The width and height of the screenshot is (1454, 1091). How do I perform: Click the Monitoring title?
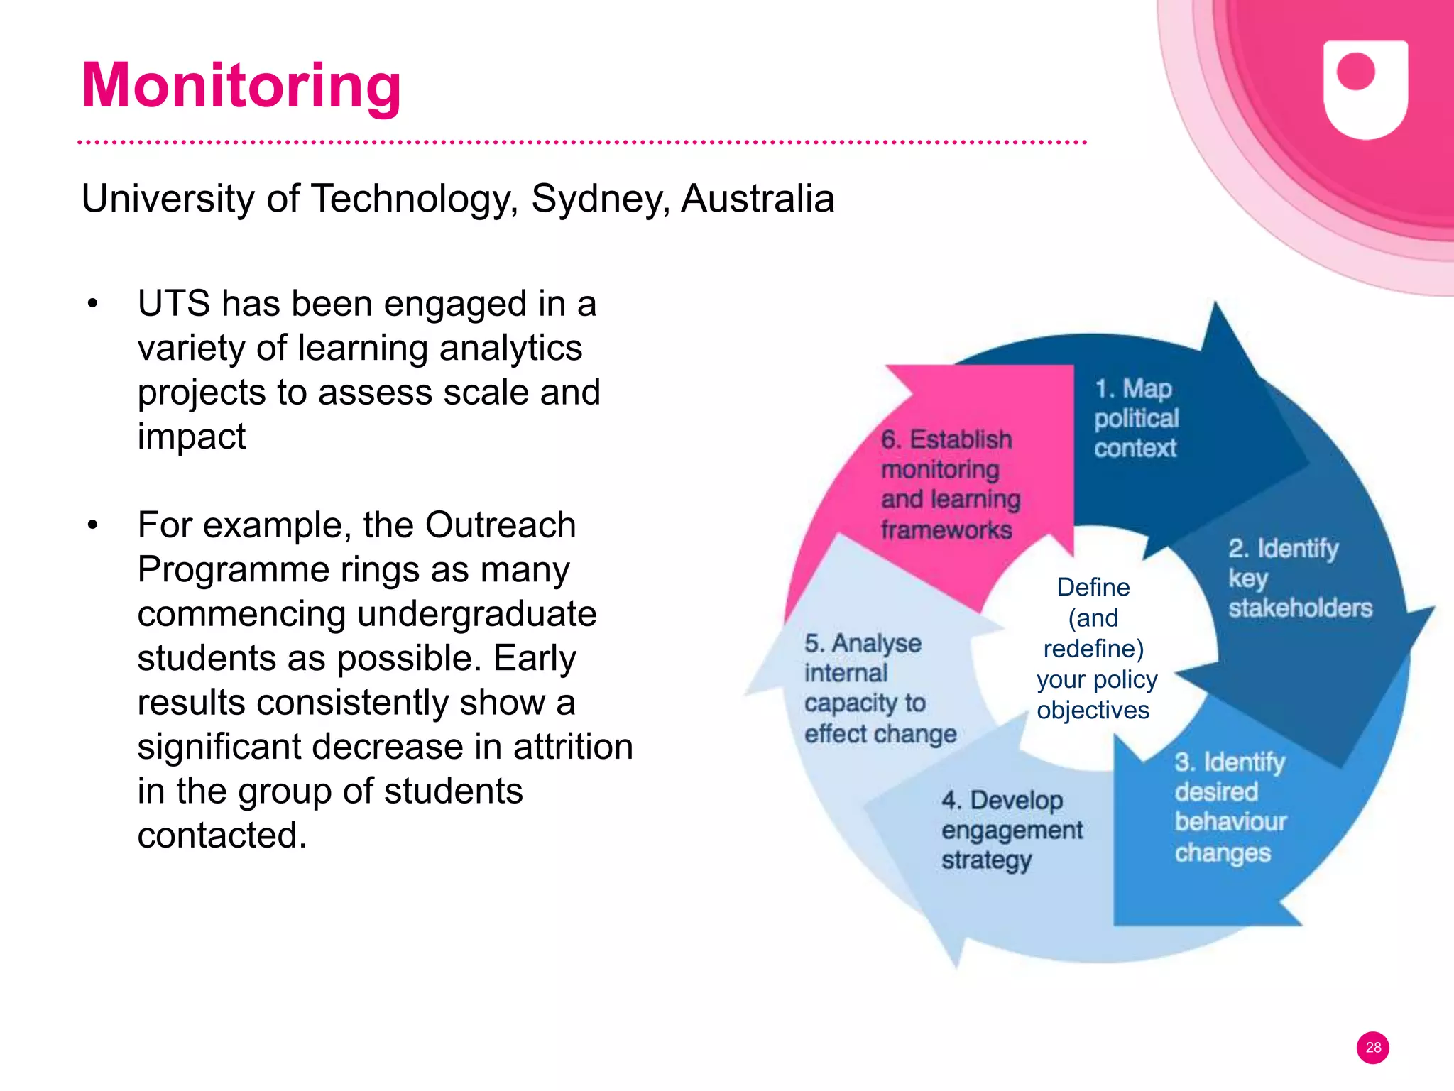[x=241, y=85]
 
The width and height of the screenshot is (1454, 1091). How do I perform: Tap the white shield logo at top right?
[x=1365, y=88]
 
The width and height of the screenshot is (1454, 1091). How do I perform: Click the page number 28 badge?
[x=1372, y=1047]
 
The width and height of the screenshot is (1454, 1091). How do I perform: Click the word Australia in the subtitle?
[x=758, y=199]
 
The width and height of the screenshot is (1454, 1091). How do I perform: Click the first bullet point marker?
[x=92, y=305]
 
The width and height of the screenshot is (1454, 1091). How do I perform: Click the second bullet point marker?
[x=92, y=526]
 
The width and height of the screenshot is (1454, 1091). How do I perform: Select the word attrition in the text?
[x=573, y=747]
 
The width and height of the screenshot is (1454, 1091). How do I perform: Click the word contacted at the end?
[x=222, y=835]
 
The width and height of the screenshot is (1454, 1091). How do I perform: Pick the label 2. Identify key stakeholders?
[x=1299, y=578]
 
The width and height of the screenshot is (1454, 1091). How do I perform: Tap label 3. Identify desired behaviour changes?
[x=1230, y=807]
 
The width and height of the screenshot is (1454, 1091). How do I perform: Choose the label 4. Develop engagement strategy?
[x=1011, y=829]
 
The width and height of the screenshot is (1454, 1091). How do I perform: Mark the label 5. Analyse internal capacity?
[x=879, y=688]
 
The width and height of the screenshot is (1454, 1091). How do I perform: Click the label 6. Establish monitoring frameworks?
[x=949, y=484]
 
